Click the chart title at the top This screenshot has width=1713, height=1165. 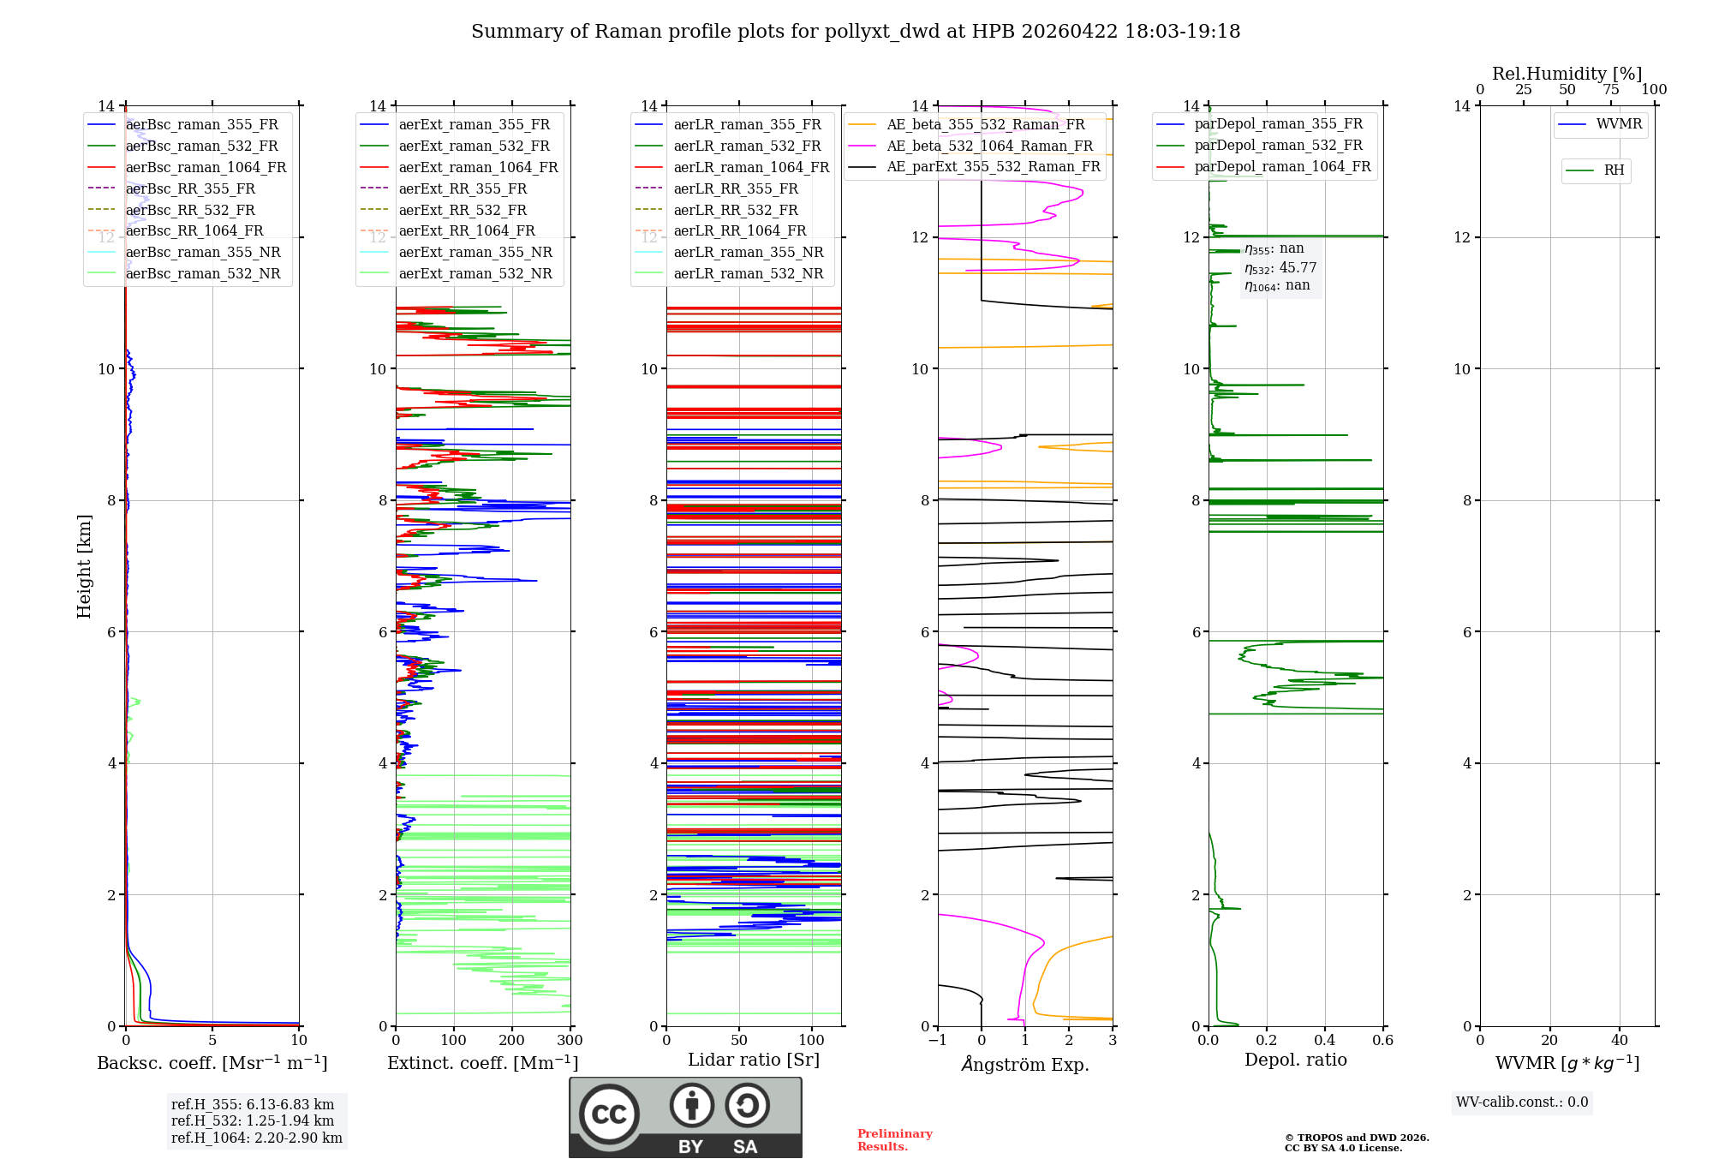tap(856, 32)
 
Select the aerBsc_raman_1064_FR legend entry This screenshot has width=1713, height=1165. tap(206, 167)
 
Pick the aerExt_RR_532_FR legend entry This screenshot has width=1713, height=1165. tap(462, 210)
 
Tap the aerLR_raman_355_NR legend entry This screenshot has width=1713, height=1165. tap(748, 252)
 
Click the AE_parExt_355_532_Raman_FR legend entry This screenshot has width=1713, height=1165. tap(993, 166)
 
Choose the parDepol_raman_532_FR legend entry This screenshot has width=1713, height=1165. tap(1278, 146)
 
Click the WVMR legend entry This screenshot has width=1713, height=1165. tap(1619, 124)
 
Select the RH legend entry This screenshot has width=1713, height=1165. tap(1614, 170)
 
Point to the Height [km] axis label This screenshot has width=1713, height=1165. tap(84, 566)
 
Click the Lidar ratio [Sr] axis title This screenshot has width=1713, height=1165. tap(754, 1060)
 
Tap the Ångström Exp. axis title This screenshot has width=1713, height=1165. tap(1025, 1064)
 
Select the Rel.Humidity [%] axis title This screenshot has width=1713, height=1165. tap(1567, 74)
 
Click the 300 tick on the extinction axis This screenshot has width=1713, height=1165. tap(570, 1041)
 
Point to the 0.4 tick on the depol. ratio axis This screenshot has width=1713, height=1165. tap(1324, 1041)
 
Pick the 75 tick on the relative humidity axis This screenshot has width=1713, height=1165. tap(1610, 90)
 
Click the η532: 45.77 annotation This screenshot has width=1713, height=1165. tap(1280, 268)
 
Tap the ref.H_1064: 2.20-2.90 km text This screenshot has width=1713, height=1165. tap(256, 1138)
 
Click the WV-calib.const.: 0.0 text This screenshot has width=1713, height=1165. tap(1522, 1102)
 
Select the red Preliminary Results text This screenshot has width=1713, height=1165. tap(894, 1140)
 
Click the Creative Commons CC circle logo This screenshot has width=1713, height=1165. tap(609, 1114)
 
